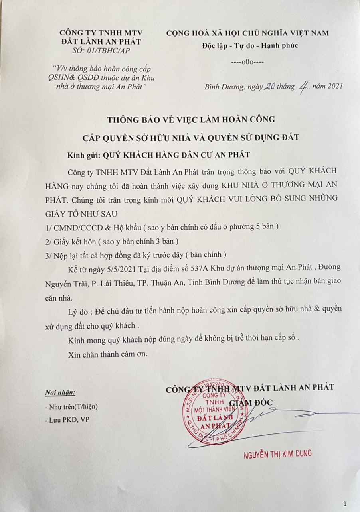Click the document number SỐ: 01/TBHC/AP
point(101,50)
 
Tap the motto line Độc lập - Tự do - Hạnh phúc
point(250,45)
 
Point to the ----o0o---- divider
point(247,62)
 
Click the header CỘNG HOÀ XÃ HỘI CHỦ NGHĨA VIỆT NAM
point(247,33)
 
